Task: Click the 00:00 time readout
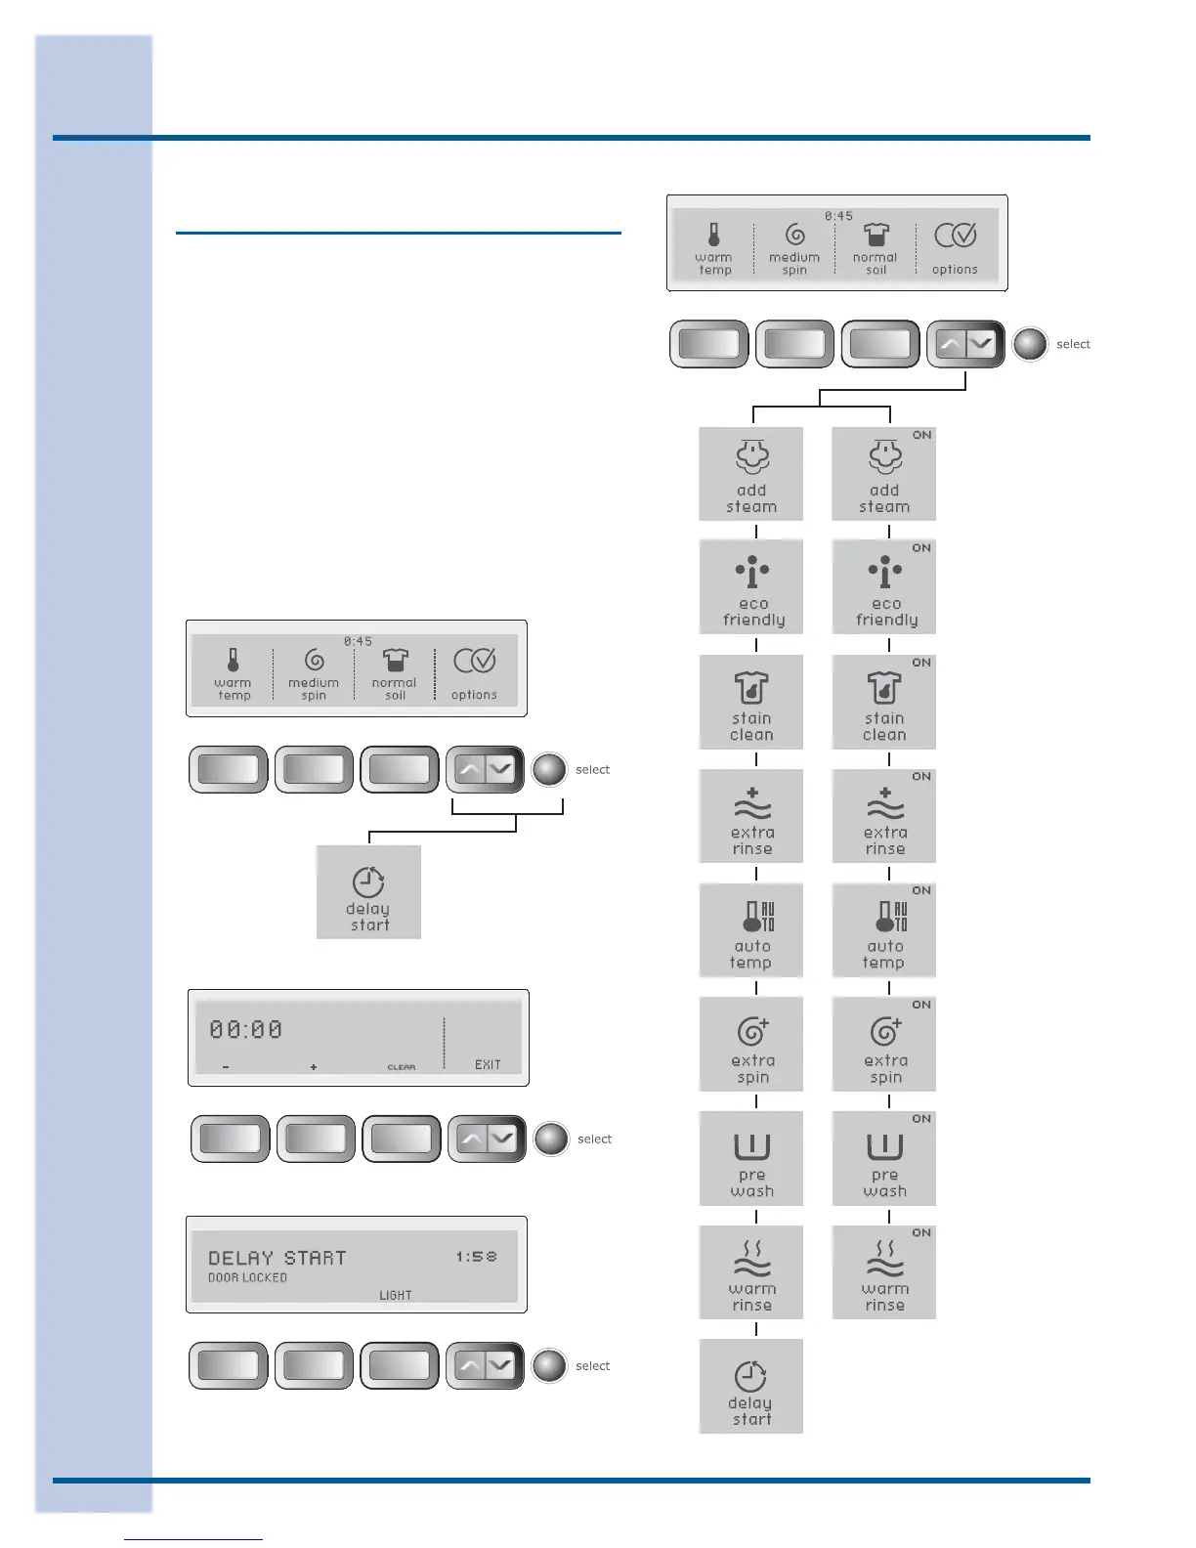(x=246, y=1029)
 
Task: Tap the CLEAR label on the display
(x=402, y=1067)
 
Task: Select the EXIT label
(x=488, y=1064)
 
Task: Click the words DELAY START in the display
(x=278, y=1258)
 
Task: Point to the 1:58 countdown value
(x=476, y=1257)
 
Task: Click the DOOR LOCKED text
(x=247, y=1278)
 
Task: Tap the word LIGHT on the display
(x=396, y=1295)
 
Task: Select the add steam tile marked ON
(x=884, y=474)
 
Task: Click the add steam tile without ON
(x=751, y=474)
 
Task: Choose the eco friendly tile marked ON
(x=884, y=587)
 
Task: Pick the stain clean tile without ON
(x=751, y=702)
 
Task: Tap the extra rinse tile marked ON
(x=884, y=816)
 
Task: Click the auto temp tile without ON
(x=751, y=930)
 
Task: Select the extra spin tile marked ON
(x=884, y=1044)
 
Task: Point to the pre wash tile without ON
(x=751, y=1158)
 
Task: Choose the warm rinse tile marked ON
(x=884, y=1272)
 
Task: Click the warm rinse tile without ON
(x=751, y=1272)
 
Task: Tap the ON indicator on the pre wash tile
(x=921, y=1119)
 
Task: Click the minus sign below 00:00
(x=226, y=1067)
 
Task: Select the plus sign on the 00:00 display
(x=314, y=1067)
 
